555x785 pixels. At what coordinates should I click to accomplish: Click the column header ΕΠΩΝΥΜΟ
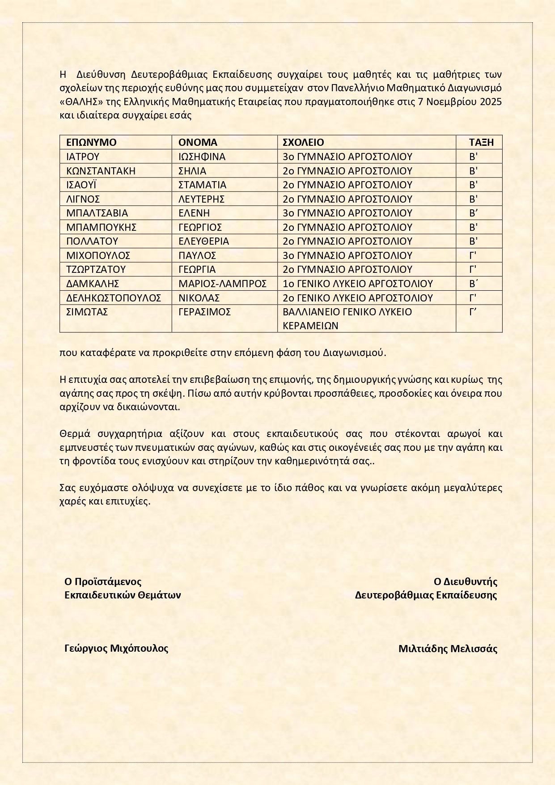[91, 142]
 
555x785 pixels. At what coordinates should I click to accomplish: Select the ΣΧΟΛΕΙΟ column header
[303, 142]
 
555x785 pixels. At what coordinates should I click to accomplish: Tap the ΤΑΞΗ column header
[481, 142]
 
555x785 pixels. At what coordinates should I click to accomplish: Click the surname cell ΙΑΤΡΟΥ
[83, 157]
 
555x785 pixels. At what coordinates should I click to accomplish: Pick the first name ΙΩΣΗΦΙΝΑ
[202, 157]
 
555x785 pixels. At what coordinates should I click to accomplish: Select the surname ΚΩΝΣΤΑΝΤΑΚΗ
[101, 171]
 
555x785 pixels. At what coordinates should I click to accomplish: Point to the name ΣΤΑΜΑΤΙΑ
[202, 185]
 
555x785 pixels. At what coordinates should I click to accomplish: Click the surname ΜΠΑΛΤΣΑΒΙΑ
[97, 213]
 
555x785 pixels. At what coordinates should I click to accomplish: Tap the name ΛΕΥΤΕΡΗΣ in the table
[201, 199]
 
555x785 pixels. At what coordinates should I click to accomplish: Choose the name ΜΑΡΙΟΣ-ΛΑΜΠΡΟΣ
[222, 284]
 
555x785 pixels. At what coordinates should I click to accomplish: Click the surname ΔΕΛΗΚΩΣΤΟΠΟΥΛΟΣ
[114, 298]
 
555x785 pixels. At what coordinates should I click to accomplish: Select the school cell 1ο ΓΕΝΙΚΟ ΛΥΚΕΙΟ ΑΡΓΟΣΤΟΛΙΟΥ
[358, 284]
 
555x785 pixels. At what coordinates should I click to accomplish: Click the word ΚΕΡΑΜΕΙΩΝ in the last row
[310, 326]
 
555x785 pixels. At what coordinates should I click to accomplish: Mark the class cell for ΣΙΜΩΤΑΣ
[473, 312]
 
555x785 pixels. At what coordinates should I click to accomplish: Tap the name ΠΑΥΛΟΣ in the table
[197, 255]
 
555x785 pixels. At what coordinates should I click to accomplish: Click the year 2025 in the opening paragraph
[491, 102]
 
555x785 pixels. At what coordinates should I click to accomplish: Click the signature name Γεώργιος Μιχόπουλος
[116, 648]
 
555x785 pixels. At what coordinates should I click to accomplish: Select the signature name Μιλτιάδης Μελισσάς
[448, 649]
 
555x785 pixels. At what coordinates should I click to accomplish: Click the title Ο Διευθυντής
[465, 581]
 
